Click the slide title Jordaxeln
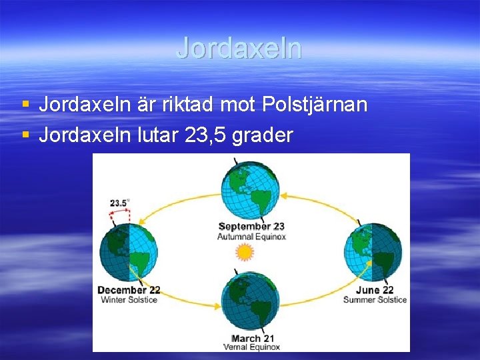click(239, 48)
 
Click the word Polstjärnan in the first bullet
click(315, 105)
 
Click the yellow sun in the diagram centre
click(245, 252)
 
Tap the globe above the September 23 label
click(250, 189)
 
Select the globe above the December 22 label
click(129, 253)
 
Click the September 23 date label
click(251, 227)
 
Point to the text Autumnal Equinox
click(251, 237)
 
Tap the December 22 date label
click(129, 290)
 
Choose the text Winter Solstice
click(129, 300)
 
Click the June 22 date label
click(375, 290)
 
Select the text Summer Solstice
click(375, 300)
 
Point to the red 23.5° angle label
click(121, 202)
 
